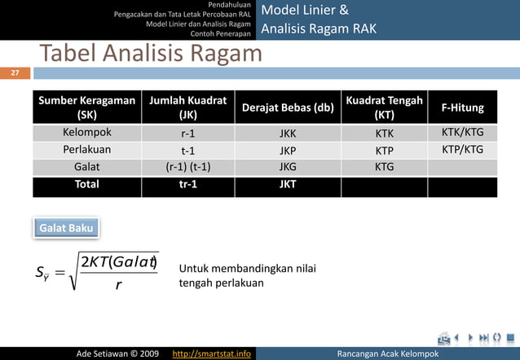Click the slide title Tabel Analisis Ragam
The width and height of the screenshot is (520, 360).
tap(151, 54)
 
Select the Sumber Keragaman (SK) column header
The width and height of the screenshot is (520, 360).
tap(86, 108)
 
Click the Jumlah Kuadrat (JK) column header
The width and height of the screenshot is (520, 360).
tap(187, 108)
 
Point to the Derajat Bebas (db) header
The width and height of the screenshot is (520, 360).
tap(288, 108)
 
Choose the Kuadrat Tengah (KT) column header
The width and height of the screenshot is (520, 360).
tap(384, 108)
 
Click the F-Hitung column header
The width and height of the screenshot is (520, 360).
tap(462, 108)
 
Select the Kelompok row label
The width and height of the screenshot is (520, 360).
tap(86, 132)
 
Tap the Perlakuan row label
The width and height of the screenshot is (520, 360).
tap(86, 150)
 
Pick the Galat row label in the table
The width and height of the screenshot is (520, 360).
tap(86, 167)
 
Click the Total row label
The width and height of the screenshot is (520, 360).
tap(86, 185)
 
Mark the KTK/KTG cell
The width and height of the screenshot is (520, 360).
tap(462, 132)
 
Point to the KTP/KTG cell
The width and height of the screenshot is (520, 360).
tap(462, 150)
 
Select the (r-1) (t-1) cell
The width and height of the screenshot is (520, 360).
tap(187, 167)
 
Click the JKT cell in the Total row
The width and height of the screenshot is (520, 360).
tap(288, 185)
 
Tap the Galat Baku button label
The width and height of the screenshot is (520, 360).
tap(66, 228)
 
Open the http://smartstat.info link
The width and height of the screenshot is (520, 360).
tap(212, 353)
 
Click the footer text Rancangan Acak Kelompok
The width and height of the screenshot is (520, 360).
tap(387, 353)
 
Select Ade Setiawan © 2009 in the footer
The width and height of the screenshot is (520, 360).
tap(117, 353)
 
